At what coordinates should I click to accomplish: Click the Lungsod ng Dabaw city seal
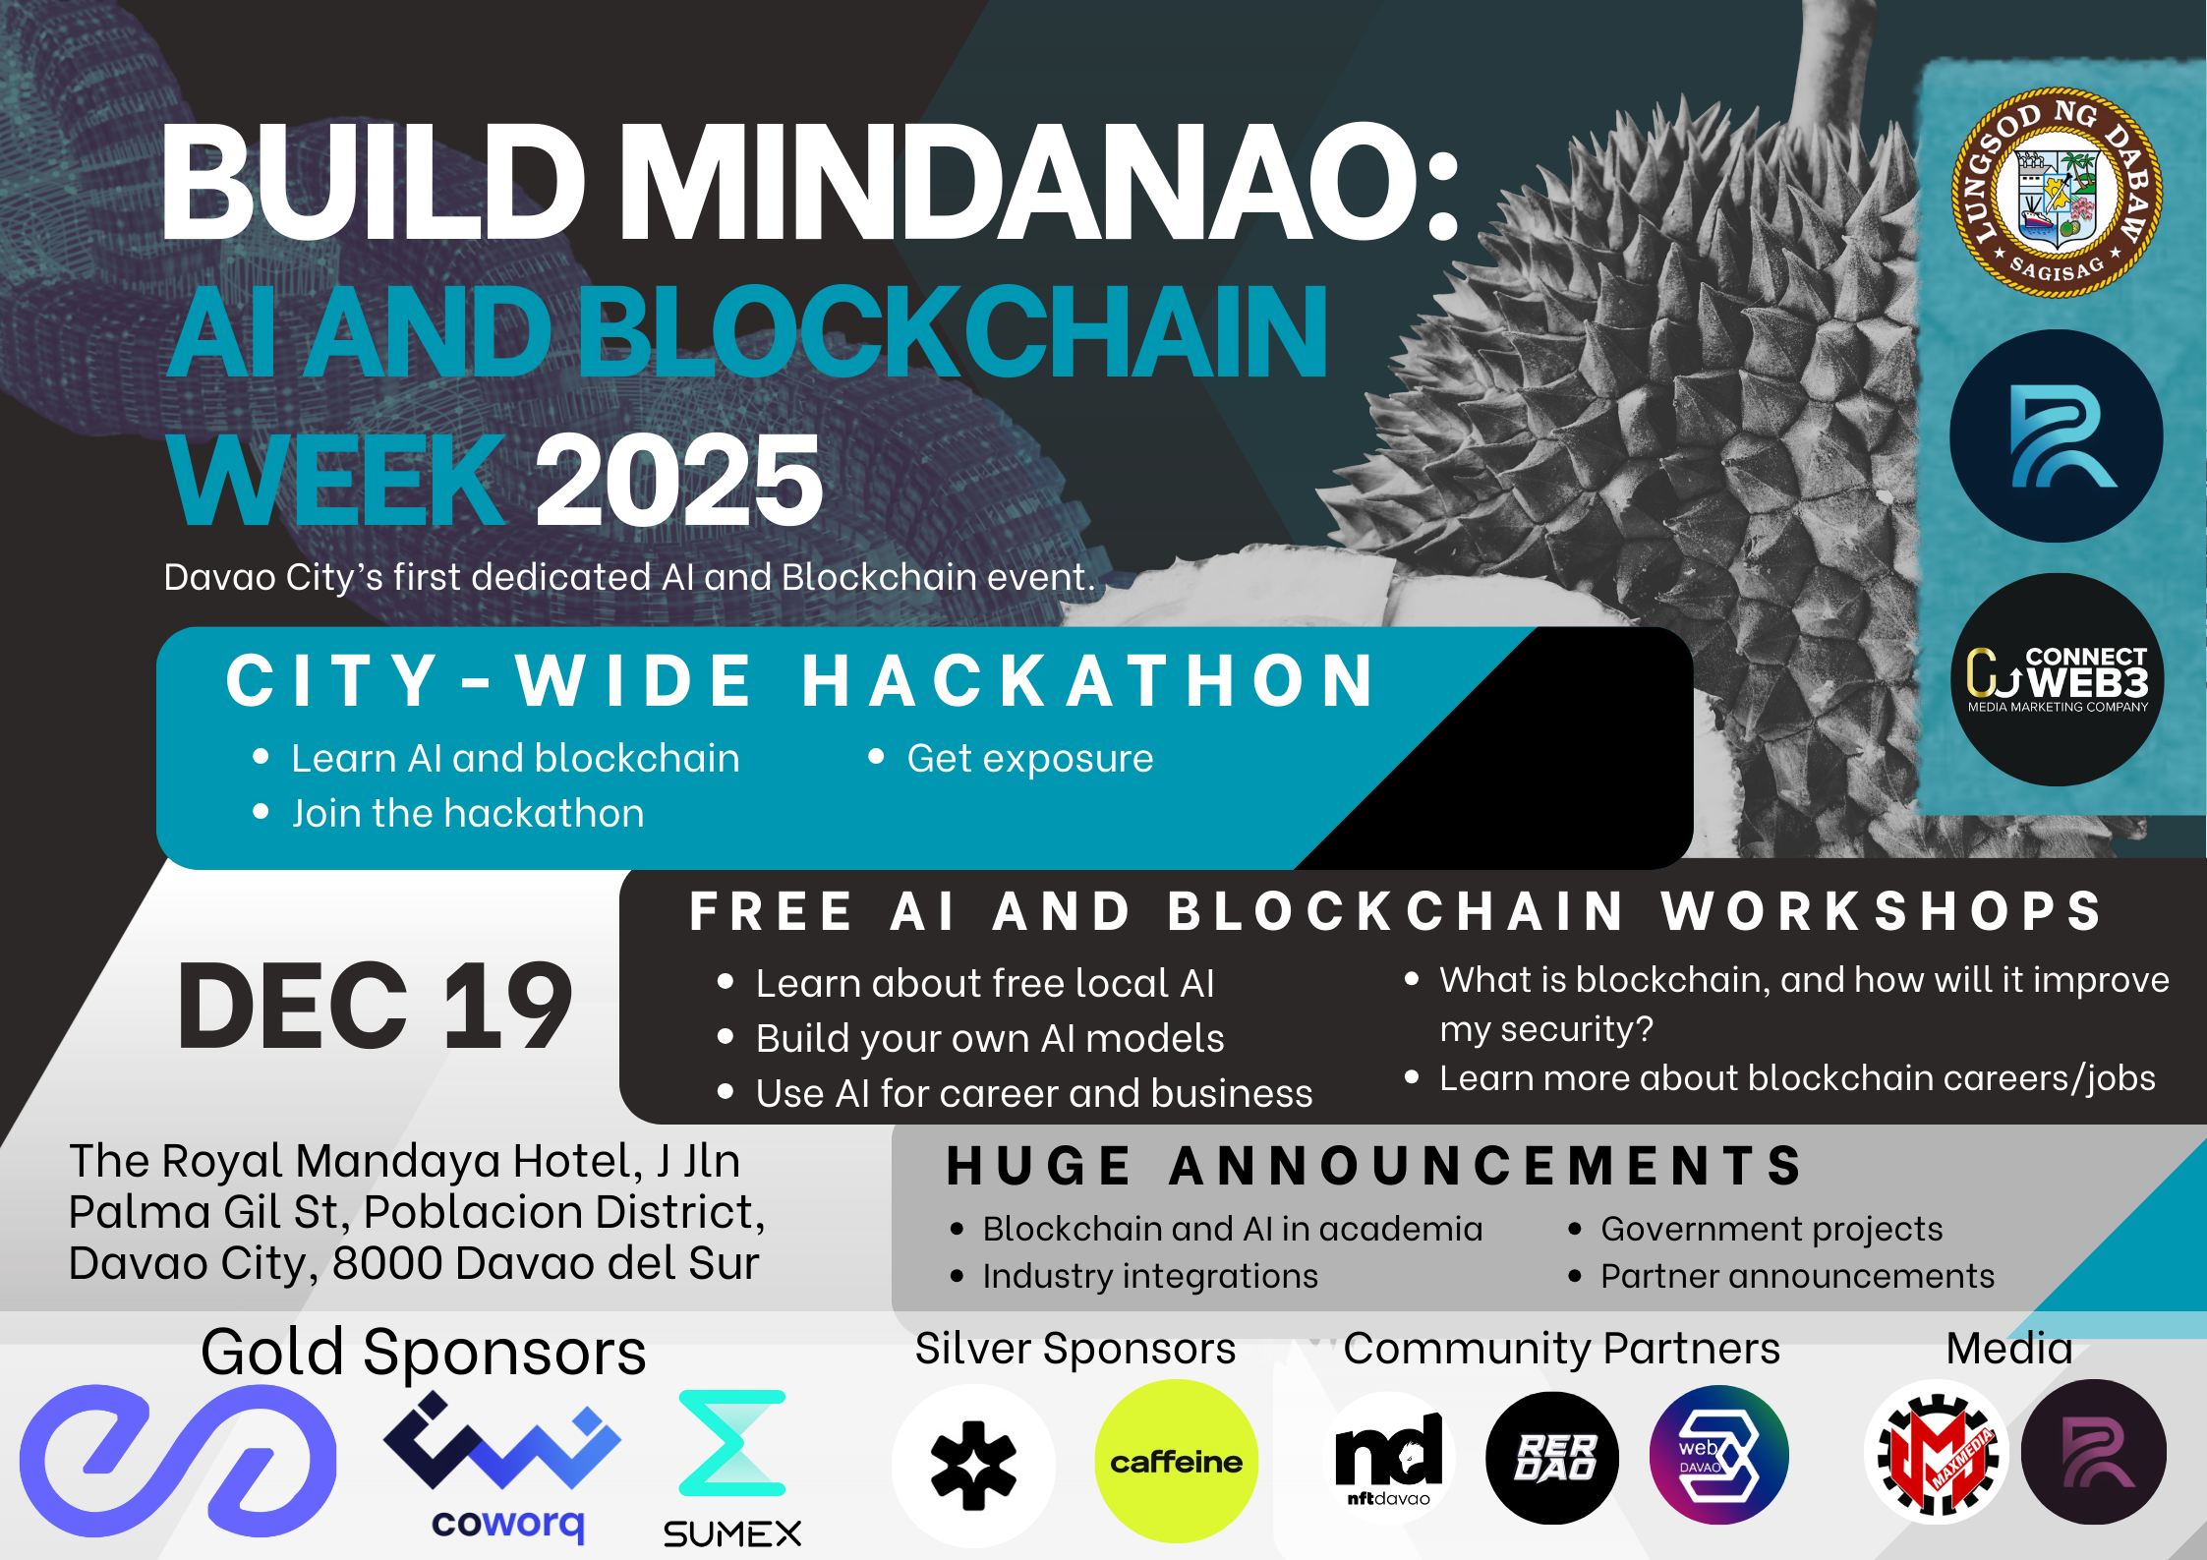tap(2057, 193)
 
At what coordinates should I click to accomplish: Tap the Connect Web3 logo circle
tap(2057, 679)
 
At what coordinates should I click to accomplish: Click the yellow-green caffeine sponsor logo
tap(1176, 1462)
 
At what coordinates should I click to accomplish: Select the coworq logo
tap(502, 1466)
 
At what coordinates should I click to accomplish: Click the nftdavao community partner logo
tap(1389, 1458)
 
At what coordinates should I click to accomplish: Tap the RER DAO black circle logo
tap(1553, 1458)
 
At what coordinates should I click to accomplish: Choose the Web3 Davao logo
tap(1718, 1455)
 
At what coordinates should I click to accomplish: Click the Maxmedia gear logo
tap(1938, 1453)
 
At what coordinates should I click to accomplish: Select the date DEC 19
tap(375, 1005)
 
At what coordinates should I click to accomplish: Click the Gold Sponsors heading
tap(424, 1352)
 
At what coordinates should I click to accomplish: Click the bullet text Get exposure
tap(1030, 758)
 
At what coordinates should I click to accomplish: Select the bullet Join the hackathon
tap(468, 813)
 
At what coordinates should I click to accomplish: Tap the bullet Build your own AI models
tap(990, 1038)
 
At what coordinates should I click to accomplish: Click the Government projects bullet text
tap(1771, 1229)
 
